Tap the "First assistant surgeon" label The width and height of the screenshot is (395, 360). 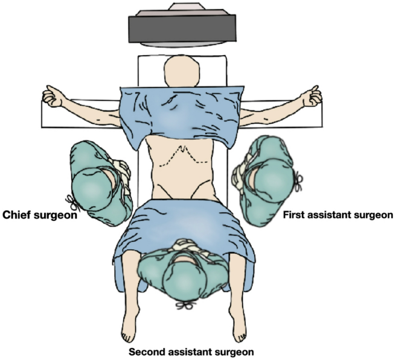point(338,215)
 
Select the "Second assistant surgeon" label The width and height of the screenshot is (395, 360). point(191,352)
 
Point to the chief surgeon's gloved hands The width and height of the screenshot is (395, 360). point(122,171)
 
